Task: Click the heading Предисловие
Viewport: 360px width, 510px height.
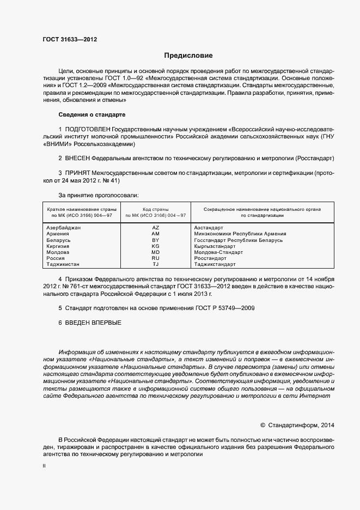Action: click(x=188, y=56)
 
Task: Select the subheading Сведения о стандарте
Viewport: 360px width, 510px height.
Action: click(x=92, y=115)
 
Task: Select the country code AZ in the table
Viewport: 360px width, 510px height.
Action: click(x=155, y=227)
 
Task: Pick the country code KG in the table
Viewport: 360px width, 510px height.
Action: click(x=155, y=246)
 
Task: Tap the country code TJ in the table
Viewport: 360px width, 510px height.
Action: click(x=155, y=264)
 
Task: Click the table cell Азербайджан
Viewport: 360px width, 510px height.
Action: click(x=64, y=227)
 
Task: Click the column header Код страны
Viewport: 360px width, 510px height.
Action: click(x=155, y=209)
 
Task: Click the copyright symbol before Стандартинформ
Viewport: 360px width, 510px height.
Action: click(x=263, y=425)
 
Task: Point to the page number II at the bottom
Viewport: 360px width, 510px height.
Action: click(x=44, y=466)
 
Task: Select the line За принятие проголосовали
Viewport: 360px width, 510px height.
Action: click(x=98, y=195)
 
